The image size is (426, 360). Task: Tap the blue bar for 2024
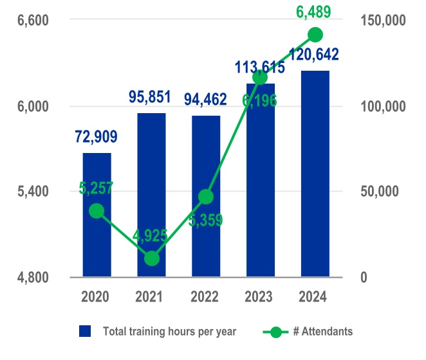[x=315, y=174]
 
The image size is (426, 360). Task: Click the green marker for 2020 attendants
[x=97, y=211]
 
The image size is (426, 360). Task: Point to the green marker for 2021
[x=151, y=258]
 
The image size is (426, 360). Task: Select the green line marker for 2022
[x=206, y=197]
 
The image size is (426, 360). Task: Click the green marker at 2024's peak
[x=315, y=35]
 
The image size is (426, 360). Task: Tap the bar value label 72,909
[x=96, y=136]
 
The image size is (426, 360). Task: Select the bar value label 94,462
[x=205, y=100]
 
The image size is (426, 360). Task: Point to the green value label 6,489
[x=315, y=12]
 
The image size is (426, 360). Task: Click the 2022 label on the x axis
[x=205, y=297]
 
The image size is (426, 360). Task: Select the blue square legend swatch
[x=85, y=332]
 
